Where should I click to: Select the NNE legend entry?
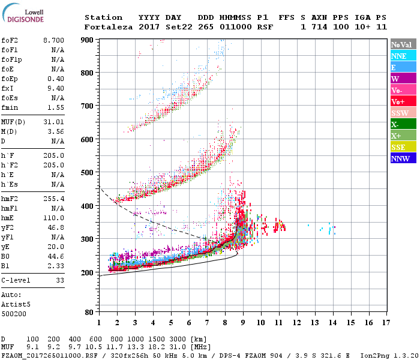(x=403, y=56)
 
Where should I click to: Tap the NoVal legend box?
(x=403, y=44)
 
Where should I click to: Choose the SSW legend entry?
(x=403, y=113)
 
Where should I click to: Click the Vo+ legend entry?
(x=403, y=101)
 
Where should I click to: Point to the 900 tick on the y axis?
(x=87, y=40)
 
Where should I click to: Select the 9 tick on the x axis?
(x=243, y=323)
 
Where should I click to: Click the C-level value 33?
(x=60, y=280)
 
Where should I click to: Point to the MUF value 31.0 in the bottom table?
(x=182, y=347)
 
